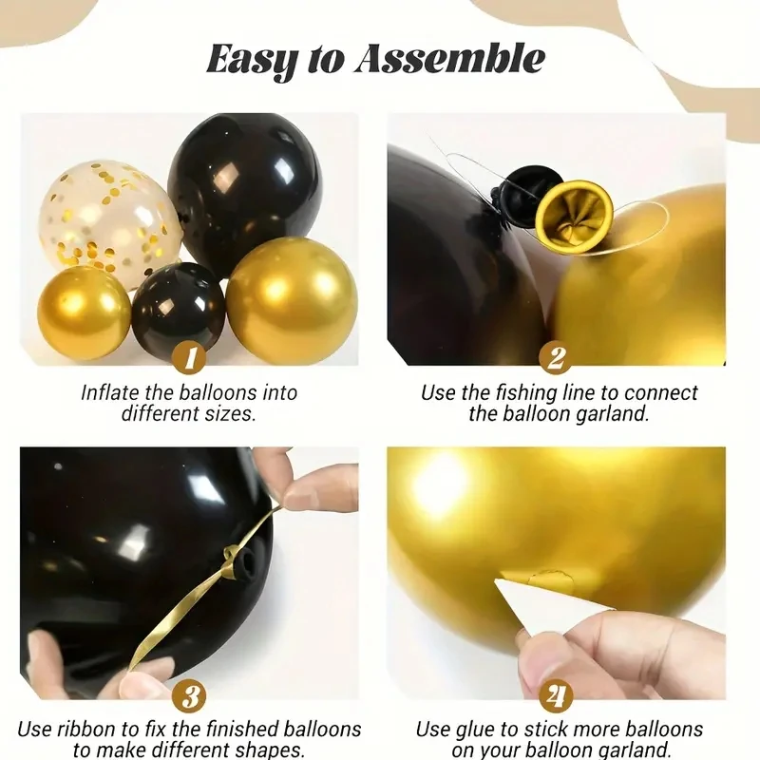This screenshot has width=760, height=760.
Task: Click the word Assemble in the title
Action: point(450,59)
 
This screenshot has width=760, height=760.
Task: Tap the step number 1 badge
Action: point(190,358)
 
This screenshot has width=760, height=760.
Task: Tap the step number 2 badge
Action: point(556,358)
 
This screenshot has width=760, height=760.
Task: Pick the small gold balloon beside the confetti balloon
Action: point(84,313)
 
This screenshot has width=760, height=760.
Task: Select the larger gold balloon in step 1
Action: point(291,299)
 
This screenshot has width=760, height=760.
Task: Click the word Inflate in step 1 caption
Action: point(112,392)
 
